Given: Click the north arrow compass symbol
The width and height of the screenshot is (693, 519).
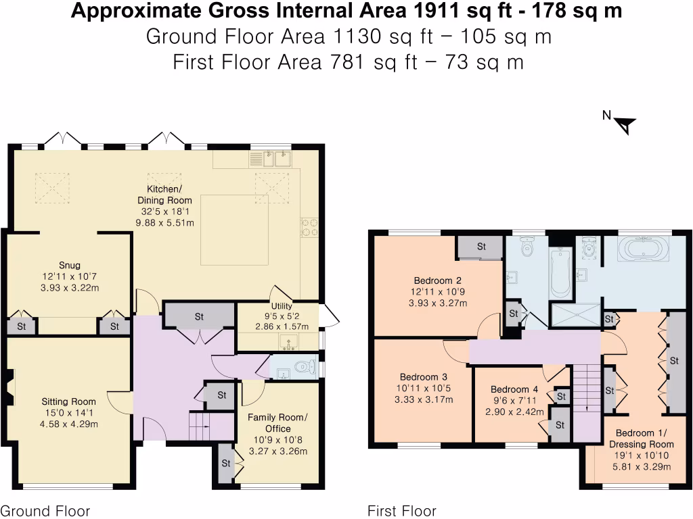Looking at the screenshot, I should (x=625, y=124).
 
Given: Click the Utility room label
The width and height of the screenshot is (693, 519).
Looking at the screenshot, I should (x=281, y=306).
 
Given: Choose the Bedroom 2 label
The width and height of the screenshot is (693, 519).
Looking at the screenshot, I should (x=438, y=280).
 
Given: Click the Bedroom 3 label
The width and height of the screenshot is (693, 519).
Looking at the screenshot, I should (x=424, y=377).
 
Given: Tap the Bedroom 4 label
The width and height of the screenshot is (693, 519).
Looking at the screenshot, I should (x=514, y=389).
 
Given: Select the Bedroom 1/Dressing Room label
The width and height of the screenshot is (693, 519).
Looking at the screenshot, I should (x=642, y=439).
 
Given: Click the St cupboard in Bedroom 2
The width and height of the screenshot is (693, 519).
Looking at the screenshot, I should (x=481, y=247).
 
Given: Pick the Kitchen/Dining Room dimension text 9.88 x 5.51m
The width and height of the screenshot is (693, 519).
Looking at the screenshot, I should (x=165, y=222).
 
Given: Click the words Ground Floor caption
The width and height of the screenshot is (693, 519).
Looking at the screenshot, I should (x=45, y=511).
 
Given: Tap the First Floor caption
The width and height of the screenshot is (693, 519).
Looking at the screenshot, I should (x=402, y=511).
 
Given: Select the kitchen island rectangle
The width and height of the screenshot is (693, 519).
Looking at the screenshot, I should (x=234, y=230).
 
